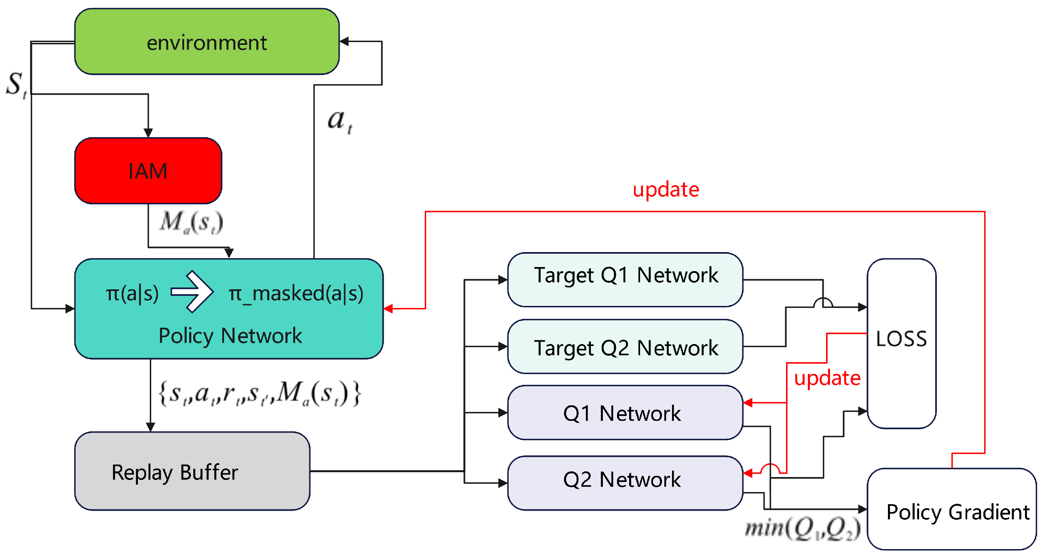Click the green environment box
coord(207,41)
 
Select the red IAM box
coord(148,171)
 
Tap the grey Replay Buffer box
coord(192,472)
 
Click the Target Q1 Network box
coord(626,280)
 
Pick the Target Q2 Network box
coord(626,347)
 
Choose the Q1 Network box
coord(626,413)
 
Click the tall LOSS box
coord(901,343)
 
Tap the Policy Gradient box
coord(951,509)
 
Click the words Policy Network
coord(230,336)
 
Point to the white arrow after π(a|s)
coord(192,292)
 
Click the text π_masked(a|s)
coord(296,294)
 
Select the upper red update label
coord(666,189)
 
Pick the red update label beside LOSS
coord(827,378)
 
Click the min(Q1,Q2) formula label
coord(803,529)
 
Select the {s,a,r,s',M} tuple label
coord(259,393)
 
